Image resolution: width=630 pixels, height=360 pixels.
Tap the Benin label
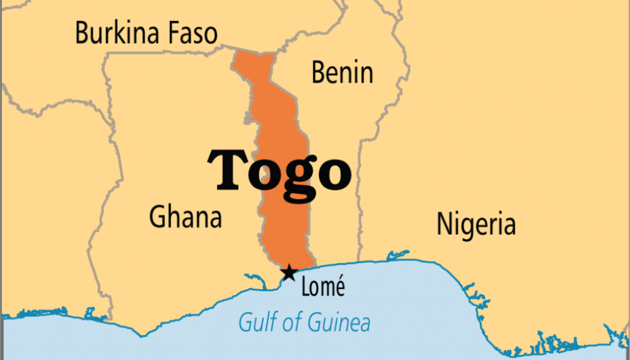pyautogui.click(x=342, y=73)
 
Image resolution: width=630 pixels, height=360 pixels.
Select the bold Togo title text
pyautogui.click(x=279, y=170)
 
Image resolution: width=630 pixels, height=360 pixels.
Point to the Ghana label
pyautogui.click(x=185, y=217)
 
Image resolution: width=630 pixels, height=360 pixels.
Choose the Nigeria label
pyautogui.click(x=476, y=224)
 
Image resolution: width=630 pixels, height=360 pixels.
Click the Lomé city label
pyautogui.click(x=323, y=287)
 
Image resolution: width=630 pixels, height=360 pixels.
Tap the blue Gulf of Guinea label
pyautogui.click(x=304, y=323)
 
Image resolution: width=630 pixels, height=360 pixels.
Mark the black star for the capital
pyautogui.click(x=289, y=273)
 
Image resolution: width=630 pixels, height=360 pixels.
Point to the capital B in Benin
pyautogui.click(x=319, y=73)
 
